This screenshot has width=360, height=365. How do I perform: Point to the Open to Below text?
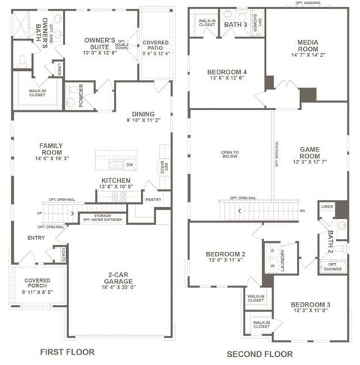click(230, 156)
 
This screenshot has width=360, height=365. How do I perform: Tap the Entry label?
click(36, 238)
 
